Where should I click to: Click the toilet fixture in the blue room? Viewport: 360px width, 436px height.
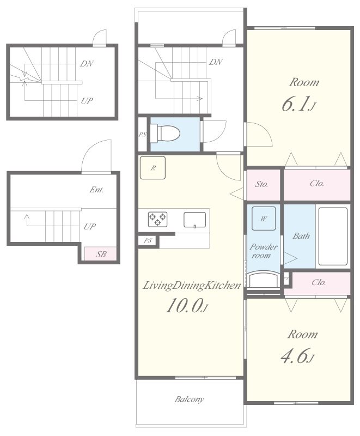coord(165,134)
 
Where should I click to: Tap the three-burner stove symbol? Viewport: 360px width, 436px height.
coord(157,219)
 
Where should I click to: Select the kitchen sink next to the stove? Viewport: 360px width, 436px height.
coord(195,220)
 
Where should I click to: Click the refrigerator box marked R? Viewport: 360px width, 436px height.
coord(153,168)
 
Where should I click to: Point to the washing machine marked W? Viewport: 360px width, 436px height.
coord(264,219)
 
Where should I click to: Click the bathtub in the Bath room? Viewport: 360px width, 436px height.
coord(333,237)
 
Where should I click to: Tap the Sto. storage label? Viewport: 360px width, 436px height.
coord(261,184)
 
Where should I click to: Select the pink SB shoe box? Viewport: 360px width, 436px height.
coord(101,253)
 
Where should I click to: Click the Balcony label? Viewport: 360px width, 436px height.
coord(189,399)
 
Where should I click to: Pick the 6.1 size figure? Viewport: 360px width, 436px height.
coord(298,105)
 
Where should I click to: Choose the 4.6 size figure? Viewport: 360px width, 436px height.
coord(297,356)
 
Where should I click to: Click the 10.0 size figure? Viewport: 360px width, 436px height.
coord(187,305)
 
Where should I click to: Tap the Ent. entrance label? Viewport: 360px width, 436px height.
coord(96,190)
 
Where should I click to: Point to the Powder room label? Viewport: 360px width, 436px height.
coord(264,251)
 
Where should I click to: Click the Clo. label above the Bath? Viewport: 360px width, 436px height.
coord(317,184)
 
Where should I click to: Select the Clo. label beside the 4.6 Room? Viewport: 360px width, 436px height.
coord(319,282)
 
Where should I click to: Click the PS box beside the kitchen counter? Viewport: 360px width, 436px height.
coord(148,241)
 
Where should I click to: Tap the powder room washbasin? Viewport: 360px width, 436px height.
coord(264,280)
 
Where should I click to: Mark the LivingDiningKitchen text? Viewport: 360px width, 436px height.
coord(192,286)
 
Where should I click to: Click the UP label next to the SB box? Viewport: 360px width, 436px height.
coord(89,227)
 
